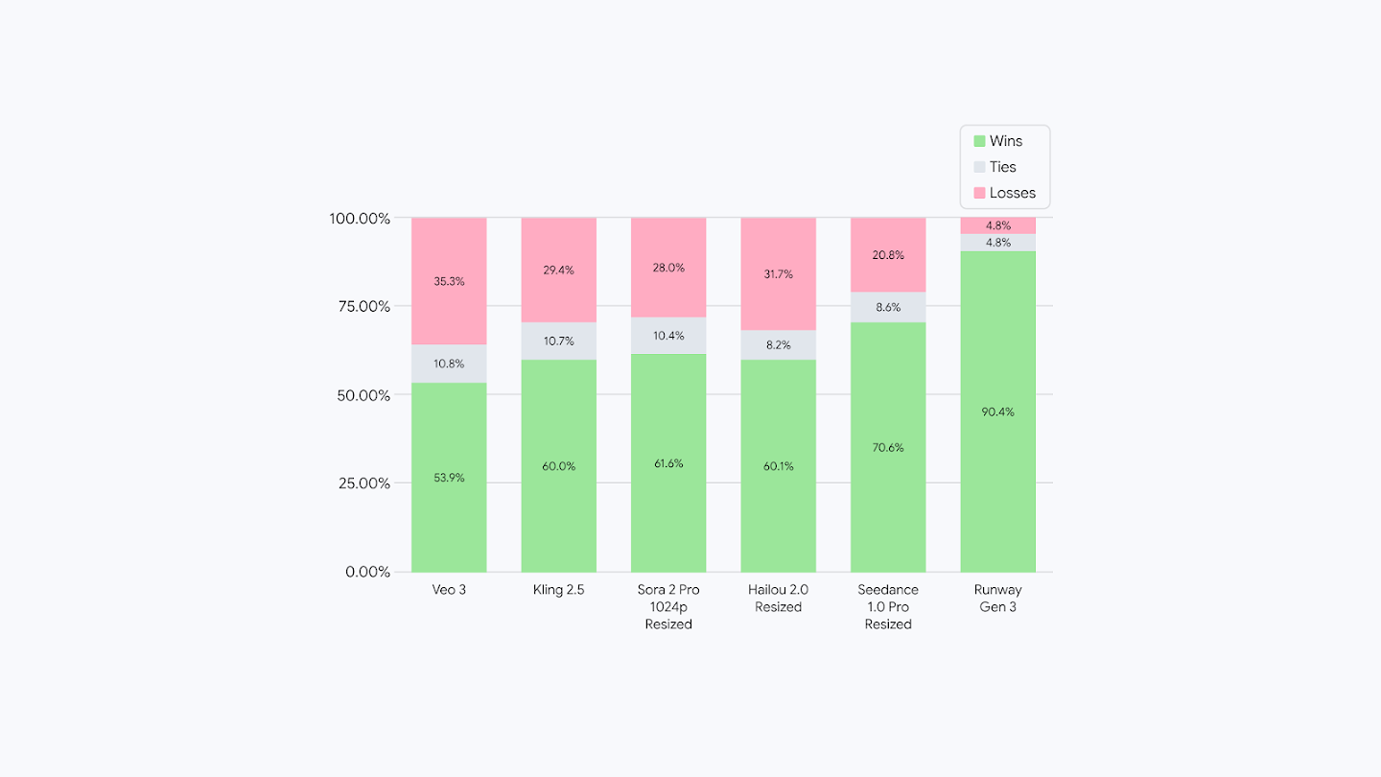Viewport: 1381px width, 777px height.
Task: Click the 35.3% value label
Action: coord(449,281)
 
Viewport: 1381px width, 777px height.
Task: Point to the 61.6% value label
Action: coord(668,463)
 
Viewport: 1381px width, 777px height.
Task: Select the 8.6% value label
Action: coord(888,307)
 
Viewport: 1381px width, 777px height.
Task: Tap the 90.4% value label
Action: coord(997,412)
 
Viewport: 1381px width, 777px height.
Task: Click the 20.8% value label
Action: coord(888,255)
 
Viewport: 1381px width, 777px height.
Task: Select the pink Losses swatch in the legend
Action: coord(979,193)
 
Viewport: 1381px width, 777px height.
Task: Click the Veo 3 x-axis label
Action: coord(449,590)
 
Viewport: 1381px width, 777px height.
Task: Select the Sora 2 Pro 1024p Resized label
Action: coord(668,606)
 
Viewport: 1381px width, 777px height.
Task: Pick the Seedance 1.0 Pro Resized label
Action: coord(888,606)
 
